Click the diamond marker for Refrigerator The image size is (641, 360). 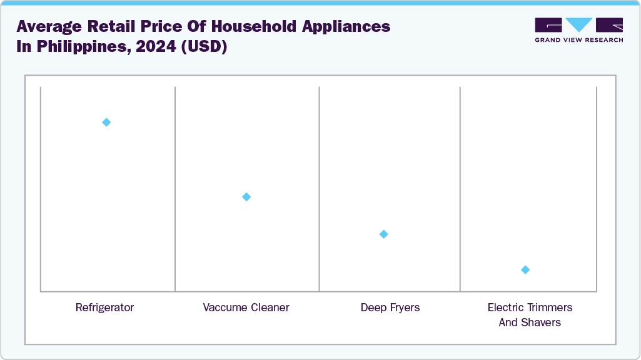[106, 122]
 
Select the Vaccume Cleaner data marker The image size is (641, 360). [246, 197]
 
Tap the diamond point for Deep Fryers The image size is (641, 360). [384, 234]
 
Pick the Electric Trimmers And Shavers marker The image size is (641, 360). [525, 270]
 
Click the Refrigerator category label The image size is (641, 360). [104, 307]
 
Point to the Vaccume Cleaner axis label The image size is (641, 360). [246, 307]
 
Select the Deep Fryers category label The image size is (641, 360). [390, 307]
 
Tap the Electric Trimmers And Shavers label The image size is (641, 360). [530, 315]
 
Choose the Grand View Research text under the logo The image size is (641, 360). [578, 40]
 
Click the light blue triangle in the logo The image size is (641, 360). [579, 24]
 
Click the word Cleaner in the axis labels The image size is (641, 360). [270, 307]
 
